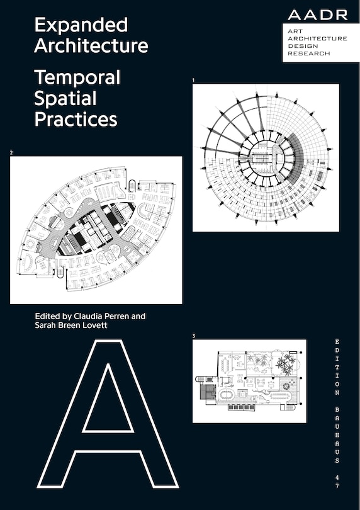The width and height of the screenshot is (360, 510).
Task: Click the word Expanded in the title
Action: click(81, 25)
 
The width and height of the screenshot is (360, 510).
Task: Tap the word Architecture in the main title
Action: click(91, 46)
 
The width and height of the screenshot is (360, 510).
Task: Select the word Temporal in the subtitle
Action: click(77, 77)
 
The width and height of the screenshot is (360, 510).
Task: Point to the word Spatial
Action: click(65, 98)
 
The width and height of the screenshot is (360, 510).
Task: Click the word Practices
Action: click(76, 119)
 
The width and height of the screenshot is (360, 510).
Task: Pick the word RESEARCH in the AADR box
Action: click(308, 54)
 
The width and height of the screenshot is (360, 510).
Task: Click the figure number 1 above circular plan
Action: click(194, 81)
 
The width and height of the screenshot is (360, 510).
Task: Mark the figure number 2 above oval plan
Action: click(11, 153)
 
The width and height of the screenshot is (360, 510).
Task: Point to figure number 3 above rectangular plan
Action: click(194, 336)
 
